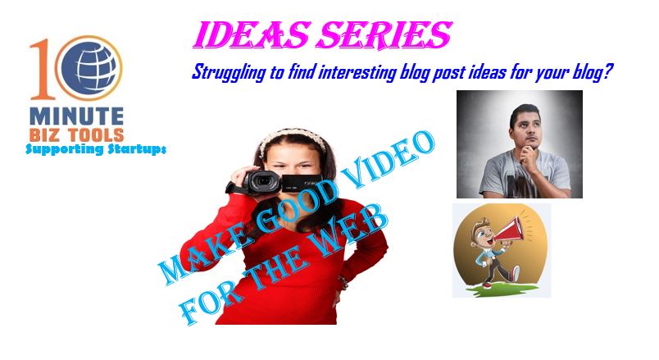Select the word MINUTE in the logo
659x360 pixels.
pos(77,116)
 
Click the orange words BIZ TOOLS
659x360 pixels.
pos(77,134)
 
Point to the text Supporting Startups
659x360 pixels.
pos(96,149)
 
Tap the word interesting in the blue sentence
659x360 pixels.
pos(357,72)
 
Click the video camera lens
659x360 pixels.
pos(263,181)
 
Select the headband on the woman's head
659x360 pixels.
pos(293,138)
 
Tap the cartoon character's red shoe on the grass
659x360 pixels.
pos(487,285)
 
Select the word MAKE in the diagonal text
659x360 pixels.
pos(196,256)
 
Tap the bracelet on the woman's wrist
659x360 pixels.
pos(343,283)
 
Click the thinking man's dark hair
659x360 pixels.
pos(524,112)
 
